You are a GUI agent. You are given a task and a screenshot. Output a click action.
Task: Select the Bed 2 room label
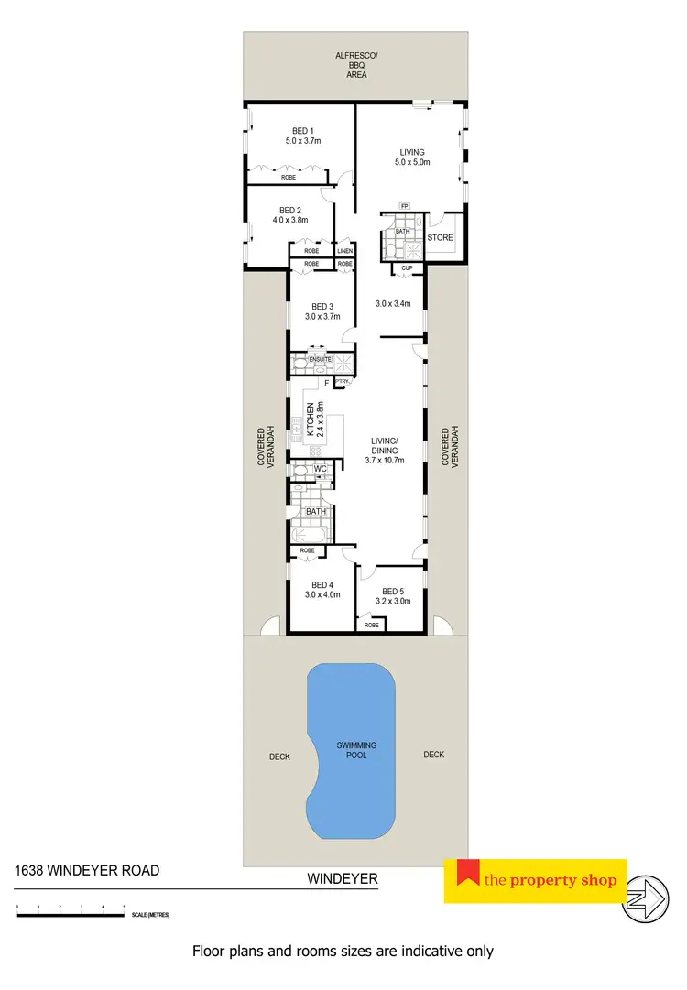click(x=289, y=214)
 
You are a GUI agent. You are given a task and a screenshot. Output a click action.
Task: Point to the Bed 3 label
click(x=321, y=311)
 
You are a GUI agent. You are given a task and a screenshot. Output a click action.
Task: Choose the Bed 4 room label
click(x=321, y=589)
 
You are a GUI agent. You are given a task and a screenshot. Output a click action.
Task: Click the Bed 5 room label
click(x=391, y=596)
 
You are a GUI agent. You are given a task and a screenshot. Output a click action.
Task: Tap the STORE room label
click(x=441, y=238)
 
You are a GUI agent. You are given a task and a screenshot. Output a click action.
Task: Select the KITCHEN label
click(x=311, y=418)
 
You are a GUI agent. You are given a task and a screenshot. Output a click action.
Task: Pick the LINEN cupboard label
click(x=344, y=250)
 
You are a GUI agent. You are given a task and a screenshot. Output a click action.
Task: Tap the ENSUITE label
click(x=320, y=360)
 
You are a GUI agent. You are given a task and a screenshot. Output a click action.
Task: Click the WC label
click(x=321, y=470)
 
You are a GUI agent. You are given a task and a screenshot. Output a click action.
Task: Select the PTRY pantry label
click(x=342, y=381)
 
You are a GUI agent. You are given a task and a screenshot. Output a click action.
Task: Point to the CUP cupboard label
click(x=406, y=268)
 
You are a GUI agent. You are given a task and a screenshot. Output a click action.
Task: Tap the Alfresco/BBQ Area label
click(x=356, y=65)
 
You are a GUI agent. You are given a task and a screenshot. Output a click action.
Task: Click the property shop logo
click(x=536, y=881)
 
